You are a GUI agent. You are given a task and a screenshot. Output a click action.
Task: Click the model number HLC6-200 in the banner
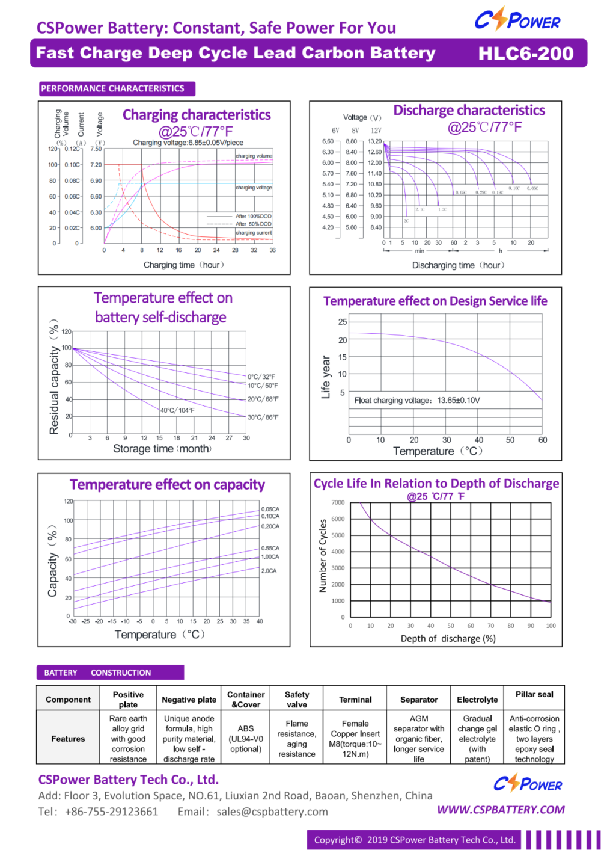click(526, 54)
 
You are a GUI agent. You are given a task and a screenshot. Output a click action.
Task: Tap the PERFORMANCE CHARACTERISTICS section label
click(112, 88)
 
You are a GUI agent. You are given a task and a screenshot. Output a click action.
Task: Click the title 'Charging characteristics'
click(197, 115)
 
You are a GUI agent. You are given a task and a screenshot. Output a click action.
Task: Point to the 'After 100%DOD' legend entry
click(253, 216)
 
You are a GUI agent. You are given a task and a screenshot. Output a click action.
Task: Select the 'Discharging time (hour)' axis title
click(458, 265)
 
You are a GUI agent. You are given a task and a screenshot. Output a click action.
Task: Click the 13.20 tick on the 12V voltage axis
click(375, 141)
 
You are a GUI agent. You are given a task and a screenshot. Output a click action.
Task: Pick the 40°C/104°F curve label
click(177, 411)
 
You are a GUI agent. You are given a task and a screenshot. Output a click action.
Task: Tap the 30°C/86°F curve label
click(263, 417)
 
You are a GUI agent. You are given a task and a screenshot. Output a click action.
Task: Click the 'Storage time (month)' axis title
click(162, 449)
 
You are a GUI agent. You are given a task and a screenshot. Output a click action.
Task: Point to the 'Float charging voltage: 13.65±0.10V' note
click(417, 401)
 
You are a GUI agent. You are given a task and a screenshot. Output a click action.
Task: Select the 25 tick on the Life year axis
click(343, 322)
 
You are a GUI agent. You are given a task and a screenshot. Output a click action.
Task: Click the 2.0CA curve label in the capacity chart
click(269, 571)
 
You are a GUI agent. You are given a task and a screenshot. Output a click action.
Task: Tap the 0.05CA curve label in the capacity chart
click(270, 509)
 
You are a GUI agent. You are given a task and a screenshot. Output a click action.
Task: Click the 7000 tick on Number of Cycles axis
click(338, 502)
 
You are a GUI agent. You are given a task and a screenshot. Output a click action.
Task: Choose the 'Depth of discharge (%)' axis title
click(448, 638)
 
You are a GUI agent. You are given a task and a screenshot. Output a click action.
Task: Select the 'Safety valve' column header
click(297, 699)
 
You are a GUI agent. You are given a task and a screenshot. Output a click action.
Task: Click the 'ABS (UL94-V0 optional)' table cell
click(246, 739)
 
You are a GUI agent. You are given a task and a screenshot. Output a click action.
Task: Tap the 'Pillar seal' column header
click(534, 694)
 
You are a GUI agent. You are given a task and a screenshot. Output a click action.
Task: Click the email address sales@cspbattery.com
click(272, 812)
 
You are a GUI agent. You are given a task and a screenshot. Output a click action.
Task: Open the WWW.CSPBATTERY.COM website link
click(501, 810)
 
